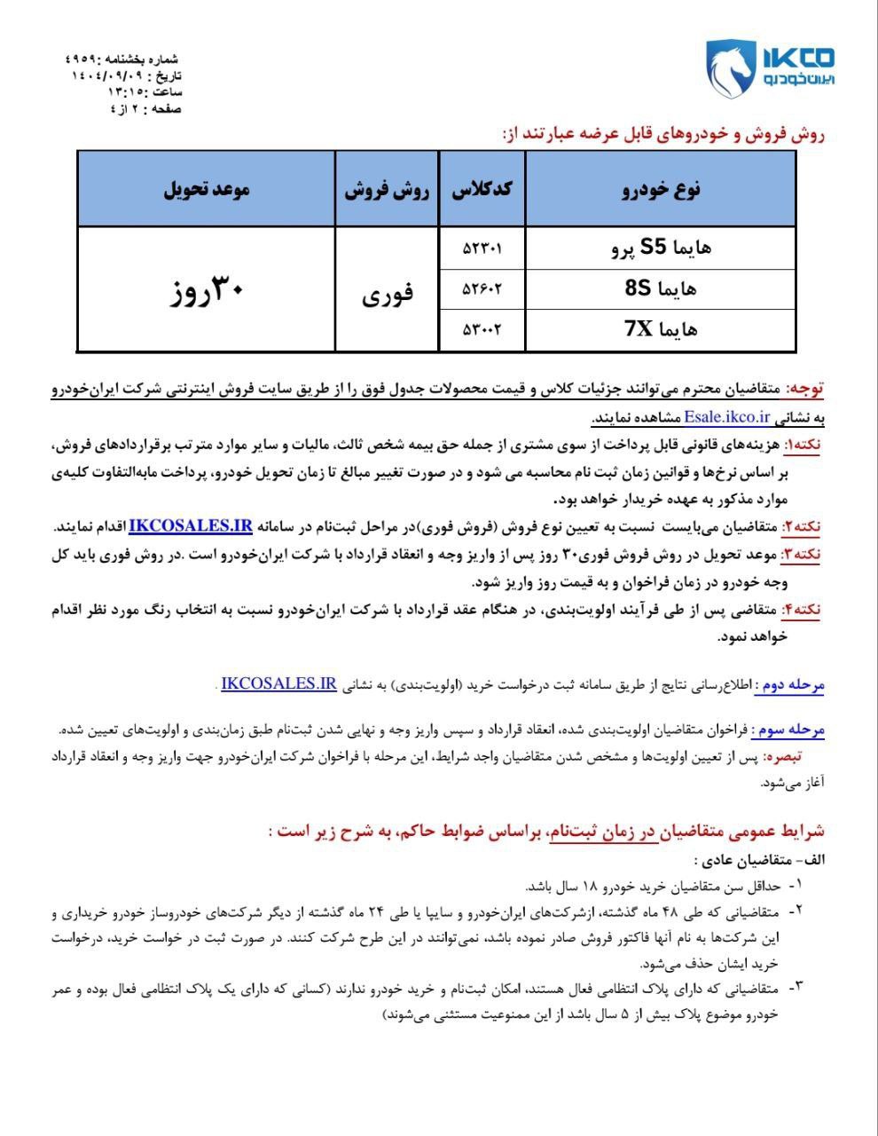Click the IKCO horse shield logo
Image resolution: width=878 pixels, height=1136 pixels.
click(729, 68)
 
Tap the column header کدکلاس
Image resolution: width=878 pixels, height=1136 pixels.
click(482, 189)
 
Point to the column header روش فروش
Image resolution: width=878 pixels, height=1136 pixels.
click(387, 189)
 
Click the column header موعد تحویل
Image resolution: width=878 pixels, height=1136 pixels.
click(206, 189)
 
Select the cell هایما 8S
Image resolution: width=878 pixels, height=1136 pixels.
click(661, 288)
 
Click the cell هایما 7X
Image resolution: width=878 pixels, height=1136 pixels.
click(661, 329)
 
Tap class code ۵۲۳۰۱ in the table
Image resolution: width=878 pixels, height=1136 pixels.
click(482, 248)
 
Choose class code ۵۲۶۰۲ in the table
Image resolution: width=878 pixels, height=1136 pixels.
click(482, 288)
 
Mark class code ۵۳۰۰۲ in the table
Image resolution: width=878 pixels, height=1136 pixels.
click(482, 329)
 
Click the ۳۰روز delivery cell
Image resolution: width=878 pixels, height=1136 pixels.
click(206, 290)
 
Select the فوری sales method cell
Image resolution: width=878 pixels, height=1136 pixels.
click(387, 292)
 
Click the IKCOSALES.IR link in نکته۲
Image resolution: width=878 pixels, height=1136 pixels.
click(191, 526)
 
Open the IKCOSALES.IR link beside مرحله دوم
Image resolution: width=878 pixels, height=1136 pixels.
click(278, 684)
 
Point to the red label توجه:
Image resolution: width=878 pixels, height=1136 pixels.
click(805, 389)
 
